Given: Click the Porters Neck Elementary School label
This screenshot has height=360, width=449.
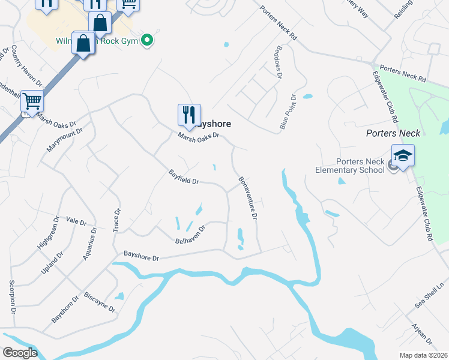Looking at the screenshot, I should coord(351,166).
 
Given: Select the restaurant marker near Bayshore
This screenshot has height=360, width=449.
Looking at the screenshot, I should coord(189,115).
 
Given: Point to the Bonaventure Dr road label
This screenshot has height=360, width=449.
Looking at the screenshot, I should coord(248,197).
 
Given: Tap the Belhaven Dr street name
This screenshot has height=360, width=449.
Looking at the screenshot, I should coord(190,234).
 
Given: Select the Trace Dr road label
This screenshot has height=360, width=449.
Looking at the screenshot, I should coord(117,221).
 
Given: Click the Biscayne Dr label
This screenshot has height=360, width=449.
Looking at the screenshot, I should coord(100,301).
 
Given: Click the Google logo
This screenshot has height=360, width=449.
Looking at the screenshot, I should coord(19,353).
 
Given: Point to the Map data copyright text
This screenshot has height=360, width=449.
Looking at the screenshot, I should coord(424,355).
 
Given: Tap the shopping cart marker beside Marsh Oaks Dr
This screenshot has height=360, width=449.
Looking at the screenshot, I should coord(31,101).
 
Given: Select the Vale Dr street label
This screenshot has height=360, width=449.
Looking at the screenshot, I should coord(77,221).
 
